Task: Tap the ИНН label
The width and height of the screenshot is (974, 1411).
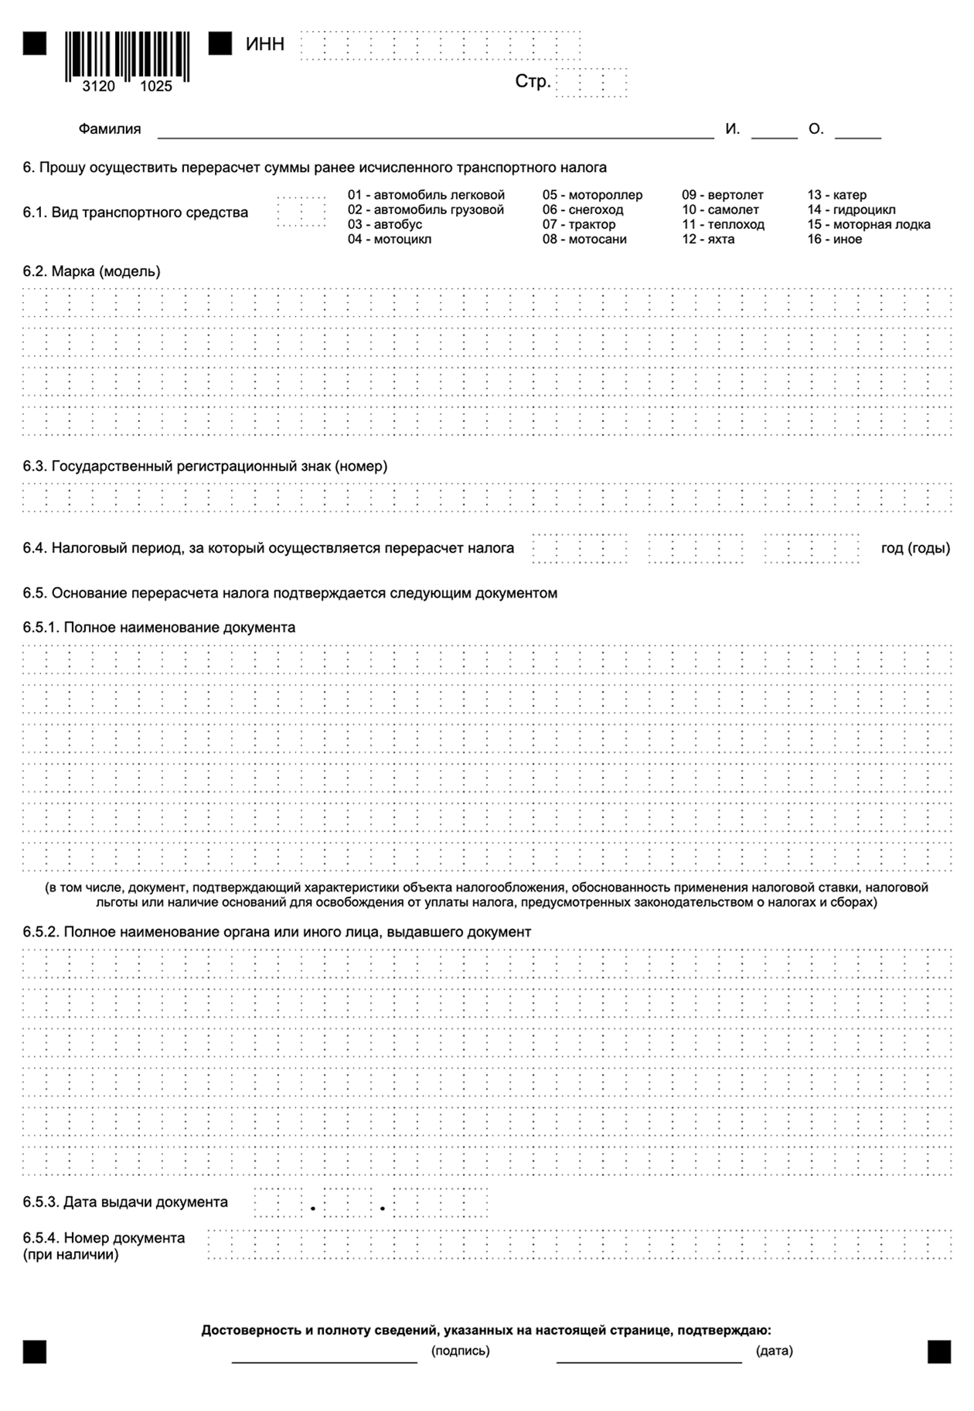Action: (265, 45)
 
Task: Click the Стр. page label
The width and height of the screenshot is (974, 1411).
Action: (533, 82)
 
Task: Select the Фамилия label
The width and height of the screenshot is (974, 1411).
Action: (110, 129)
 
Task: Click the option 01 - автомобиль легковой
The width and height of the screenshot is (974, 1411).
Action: (426, 195)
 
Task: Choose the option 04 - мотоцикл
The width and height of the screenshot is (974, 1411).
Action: (390, 239)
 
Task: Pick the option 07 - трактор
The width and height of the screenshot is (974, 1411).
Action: (579, 224)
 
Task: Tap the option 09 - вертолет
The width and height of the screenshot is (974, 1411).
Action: (722, 195)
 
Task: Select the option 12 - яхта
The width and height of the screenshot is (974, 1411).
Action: (708, 239)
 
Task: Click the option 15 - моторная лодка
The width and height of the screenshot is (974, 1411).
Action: (869, 224)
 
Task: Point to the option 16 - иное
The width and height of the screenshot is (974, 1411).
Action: (835, 239)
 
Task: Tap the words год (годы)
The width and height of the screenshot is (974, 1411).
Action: (915, 548)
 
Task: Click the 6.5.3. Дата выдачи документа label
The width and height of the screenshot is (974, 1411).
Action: (125, 1202)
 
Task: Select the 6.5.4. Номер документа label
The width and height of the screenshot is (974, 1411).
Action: (104, 1238)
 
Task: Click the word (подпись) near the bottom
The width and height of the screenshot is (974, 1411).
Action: (461, 1351)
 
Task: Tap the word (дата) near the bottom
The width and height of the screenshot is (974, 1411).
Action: (774, 1351)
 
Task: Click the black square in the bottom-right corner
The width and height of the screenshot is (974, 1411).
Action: (939, 1351)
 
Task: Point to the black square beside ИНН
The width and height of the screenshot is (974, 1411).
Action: (220, 44)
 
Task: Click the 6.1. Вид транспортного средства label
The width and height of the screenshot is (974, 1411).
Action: (135, 213)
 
